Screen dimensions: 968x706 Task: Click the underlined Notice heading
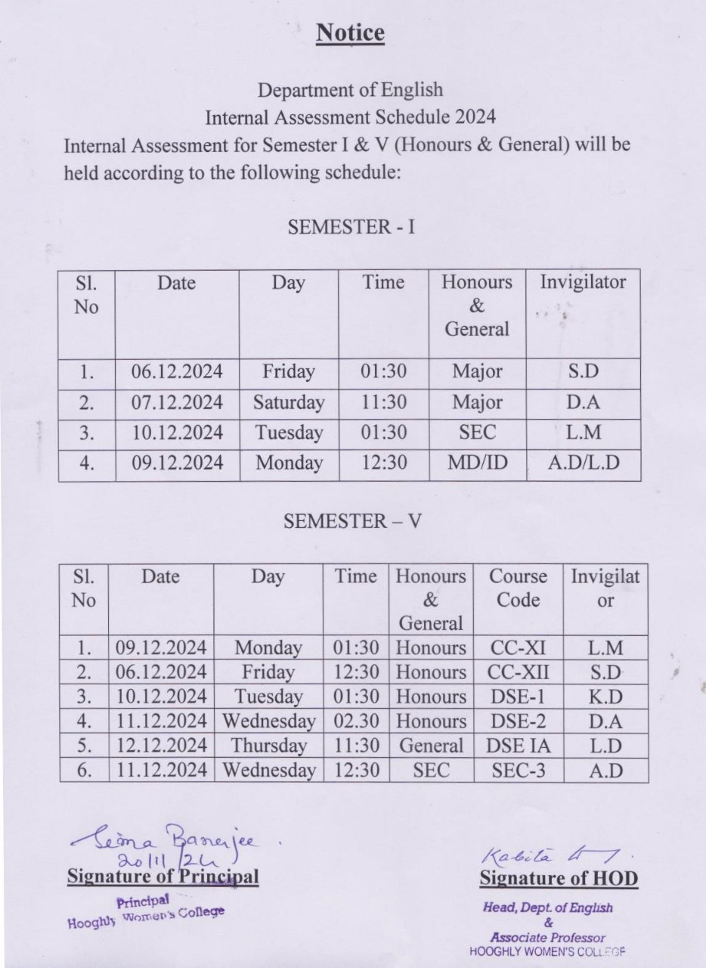(x=350, y=33)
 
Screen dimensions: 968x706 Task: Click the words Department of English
(x=350, y=90)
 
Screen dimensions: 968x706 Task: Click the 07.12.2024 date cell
(x=177, y=402)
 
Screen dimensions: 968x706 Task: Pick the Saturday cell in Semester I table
(x=289, y=402)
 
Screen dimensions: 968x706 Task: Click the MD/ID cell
(x=477, y=463)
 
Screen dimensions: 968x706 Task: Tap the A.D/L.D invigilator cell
(x=583, y=463)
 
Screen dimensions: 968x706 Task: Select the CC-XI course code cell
(x=519, y=647)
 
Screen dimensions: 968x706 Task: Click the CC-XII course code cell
(x=519, y=672)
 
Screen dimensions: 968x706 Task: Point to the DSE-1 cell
(x=519, y=697)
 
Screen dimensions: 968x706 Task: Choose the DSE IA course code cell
(x=519, y=746)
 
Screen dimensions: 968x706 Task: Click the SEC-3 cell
(x=519, y=771)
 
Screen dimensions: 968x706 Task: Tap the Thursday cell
(x=268, y=746)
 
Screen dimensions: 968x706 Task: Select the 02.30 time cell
(x=356, y=721)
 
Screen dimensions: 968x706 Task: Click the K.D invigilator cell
(x=605, y=697)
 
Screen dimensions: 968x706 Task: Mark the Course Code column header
(x=519, y=588)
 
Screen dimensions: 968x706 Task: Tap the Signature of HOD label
(x=559, y=879)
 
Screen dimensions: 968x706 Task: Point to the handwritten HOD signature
(x=543, y=853)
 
